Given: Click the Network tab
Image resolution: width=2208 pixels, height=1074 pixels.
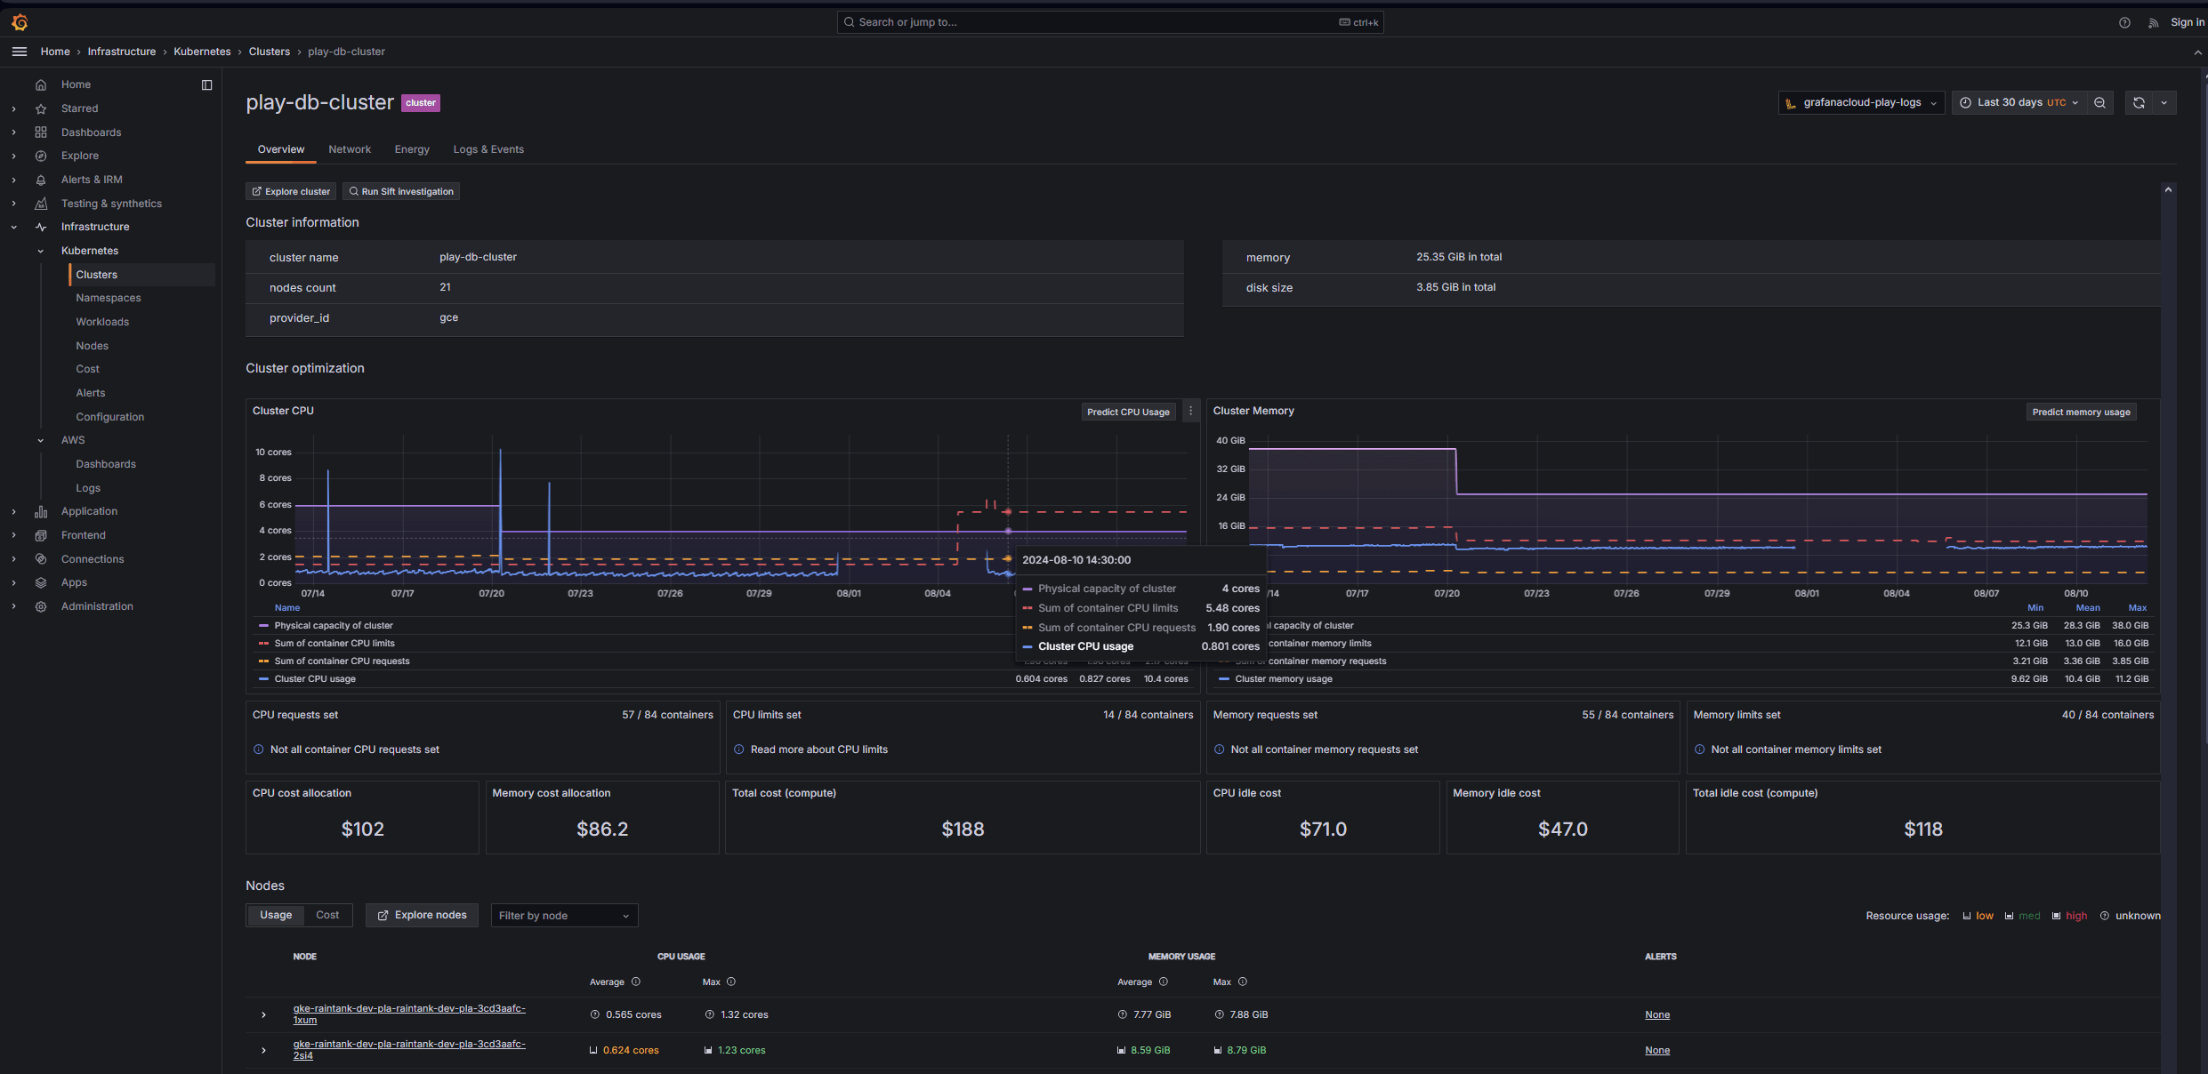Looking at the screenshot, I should tap(350, 149).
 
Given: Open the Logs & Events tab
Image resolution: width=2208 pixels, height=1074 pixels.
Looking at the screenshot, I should tap(488, 149).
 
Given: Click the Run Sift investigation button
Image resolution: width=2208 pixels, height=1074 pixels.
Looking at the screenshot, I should tap(401, 191).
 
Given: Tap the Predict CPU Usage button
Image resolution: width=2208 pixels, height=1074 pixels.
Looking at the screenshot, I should tap(1128, 412).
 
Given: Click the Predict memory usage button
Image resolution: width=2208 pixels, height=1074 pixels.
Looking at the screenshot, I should tap(2081, 412).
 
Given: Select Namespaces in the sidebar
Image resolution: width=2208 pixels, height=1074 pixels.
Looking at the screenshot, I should tap(109, 298).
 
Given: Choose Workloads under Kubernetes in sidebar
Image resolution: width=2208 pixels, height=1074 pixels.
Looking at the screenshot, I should tap(102, 322).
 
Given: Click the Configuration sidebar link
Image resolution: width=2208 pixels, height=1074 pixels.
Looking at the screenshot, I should tap(110, 417).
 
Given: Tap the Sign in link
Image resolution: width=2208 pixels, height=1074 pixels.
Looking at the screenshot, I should tap(2187, 22).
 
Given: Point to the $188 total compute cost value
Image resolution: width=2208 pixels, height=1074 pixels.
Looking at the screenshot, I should tap(963, 830).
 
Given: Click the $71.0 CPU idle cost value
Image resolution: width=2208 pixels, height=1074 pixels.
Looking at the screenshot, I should tap(1323, 830).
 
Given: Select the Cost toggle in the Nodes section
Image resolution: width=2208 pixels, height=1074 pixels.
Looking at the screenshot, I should tap(327, 915).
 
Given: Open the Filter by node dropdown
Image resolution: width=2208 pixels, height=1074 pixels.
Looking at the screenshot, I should tap(564, 916).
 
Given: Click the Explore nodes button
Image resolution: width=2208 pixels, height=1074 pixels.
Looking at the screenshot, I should tap(422, 915).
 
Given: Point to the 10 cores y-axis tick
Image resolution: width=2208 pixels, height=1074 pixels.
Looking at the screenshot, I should tap(273, 453).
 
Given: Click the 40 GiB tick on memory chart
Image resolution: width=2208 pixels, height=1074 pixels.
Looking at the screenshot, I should tap(1230, 441).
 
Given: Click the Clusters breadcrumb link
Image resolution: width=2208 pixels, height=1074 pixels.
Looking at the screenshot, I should tap(270, 52).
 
